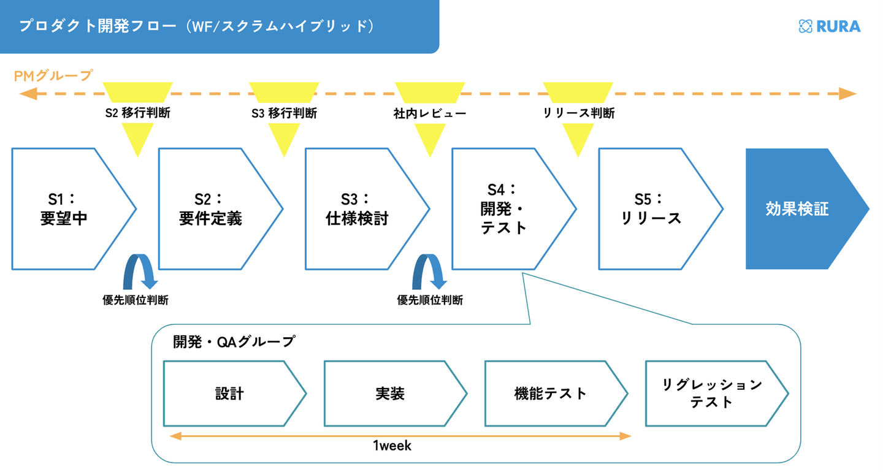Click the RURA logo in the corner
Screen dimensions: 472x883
[830, 26]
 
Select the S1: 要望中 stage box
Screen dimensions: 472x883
[64, 209]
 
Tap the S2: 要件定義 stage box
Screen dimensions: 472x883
[211, 209]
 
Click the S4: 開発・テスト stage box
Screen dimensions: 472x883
[504, 209]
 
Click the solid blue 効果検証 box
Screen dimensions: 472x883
[797, 209]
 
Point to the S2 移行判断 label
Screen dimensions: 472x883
[138, 113]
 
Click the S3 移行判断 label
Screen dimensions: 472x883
[284, 113]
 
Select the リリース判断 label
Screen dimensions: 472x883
[578, 113]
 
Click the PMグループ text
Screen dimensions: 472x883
[53, 75]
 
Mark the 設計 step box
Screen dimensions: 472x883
[229, 394]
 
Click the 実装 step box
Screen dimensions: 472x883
[390, 394]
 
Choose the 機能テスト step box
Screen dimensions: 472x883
[551, 394]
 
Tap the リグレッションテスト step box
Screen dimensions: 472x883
[711, 394]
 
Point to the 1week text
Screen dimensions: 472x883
[392, 446]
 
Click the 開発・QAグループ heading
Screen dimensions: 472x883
[234, 342]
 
